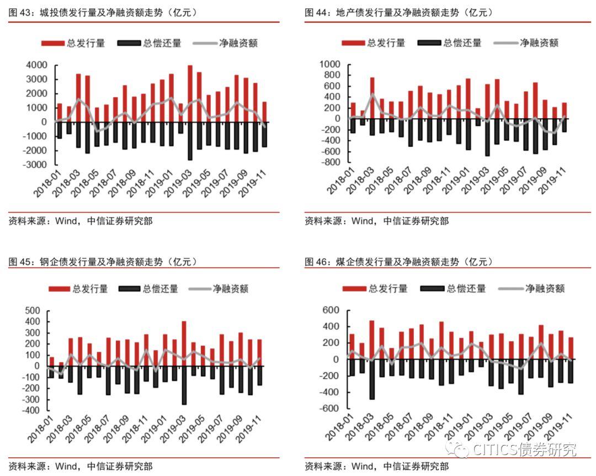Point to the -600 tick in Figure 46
pyautogui.click(x=330, y=409)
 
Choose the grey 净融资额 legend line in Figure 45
pyautogui.click(x=199, y=289)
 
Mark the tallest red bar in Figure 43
pyautogui.click(x=190, y=93)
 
